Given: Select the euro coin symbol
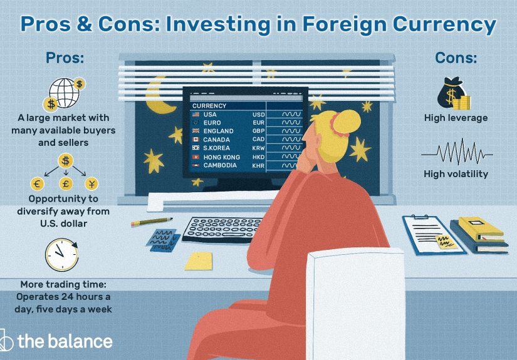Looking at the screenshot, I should click(37, 183).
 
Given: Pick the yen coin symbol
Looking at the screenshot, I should click(91, 183).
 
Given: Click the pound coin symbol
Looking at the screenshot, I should click(65, 183).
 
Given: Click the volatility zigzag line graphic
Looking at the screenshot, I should click(457, 153).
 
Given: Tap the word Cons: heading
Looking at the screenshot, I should click(456, 59).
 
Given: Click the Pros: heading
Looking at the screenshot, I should click(65, 59).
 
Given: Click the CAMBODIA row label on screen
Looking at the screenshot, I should click(220, 165).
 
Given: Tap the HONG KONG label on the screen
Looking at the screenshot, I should click(222, 157).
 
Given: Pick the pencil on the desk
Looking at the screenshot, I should click(152, 222).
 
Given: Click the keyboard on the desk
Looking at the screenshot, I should click(226, 230).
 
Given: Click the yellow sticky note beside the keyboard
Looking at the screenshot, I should click(200, 260).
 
